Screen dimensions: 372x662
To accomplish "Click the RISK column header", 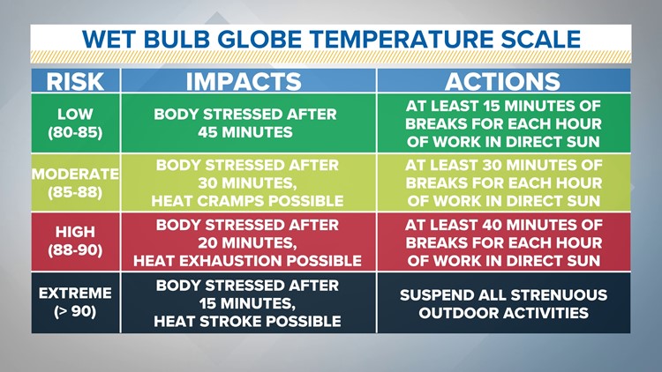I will (x=75, y=81).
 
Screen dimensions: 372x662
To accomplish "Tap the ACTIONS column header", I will (x=502, y=81).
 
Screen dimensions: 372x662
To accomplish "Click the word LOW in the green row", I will (x=75, y=115).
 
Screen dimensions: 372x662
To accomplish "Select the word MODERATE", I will (x=75, y=174).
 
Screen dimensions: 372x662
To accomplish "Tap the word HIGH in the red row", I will (x=75, y=232).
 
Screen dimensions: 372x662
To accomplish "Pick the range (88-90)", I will (x=75, y=251).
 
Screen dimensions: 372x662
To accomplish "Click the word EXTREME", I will (x=75, y=294).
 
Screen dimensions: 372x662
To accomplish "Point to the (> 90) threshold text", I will (x=75, y=312).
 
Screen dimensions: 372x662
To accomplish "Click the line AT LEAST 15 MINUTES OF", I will (x=502, y=105).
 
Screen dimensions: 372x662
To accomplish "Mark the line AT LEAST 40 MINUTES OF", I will (x=502, y=225).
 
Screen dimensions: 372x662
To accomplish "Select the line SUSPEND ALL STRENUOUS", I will (x=502, y=294).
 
